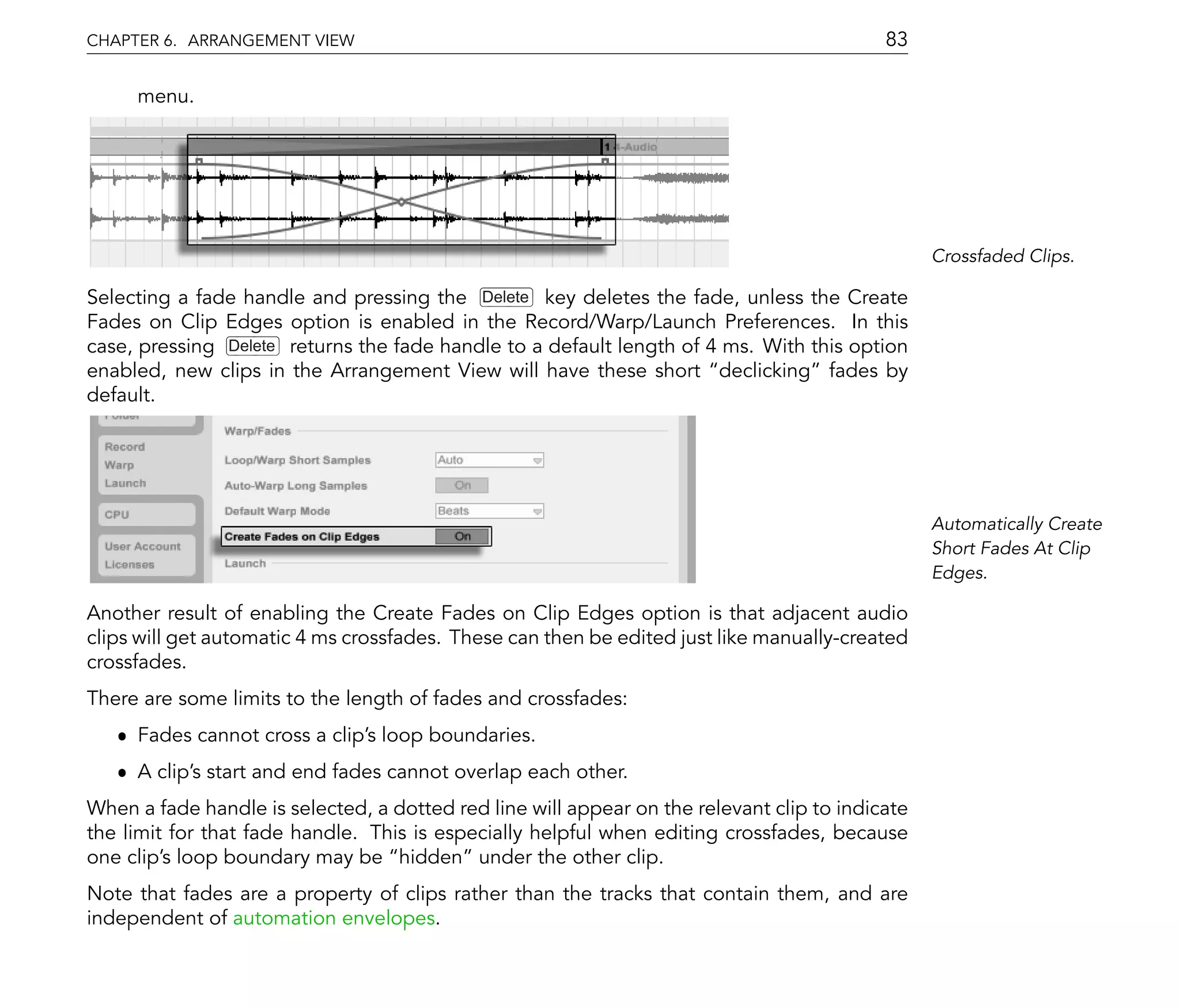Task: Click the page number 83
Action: [x=896, y=39]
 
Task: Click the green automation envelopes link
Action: [x=334, y=918]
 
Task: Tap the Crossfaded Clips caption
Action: [x=1003, y=256]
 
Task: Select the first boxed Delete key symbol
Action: [x=506, y=297]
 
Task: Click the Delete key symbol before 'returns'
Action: [x=252, y=346]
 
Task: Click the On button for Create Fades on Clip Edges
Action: [x=463, y=536]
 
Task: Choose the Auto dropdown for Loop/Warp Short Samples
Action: [x=489, y=460]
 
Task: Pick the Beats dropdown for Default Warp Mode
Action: [x=489, y=511]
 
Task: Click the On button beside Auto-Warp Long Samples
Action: [x=462, y=486]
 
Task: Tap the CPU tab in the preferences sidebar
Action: [x=117, y=514]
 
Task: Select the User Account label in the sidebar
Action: [x=142, y=546]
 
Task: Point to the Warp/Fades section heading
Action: [x=258, y=431]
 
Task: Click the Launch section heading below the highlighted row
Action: [x=245, y=563]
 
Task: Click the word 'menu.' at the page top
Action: [x=165, y=96]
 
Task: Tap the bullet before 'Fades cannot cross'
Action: [x=122, y=736]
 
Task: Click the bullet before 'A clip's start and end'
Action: [x=122, y=772]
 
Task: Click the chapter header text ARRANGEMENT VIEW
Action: [x=271, y=40]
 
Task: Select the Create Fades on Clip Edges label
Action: [x=302, y=537]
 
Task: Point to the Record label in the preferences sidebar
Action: [x=124, y=446]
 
